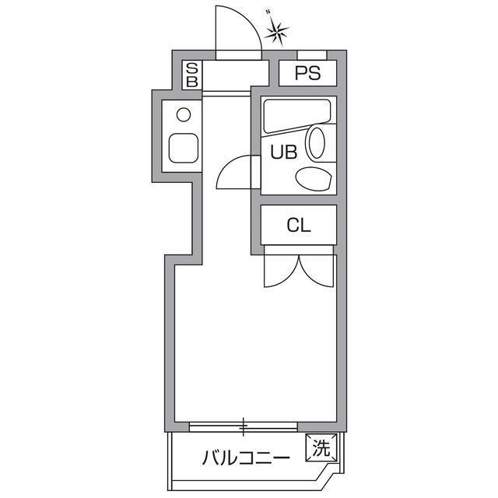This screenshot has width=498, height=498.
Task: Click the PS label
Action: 307,74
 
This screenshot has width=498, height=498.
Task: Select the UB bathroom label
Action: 283,153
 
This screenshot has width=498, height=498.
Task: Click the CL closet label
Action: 299,226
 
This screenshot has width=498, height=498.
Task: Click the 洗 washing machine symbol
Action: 321,448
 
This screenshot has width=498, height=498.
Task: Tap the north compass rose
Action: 276,32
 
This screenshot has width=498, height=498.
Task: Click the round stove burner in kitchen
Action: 184,115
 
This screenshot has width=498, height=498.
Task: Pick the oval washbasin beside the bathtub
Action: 317,143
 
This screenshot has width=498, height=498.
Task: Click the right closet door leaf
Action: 317,268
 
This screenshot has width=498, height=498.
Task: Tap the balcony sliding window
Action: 244,426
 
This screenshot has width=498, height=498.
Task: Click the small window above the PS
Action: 312,54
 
